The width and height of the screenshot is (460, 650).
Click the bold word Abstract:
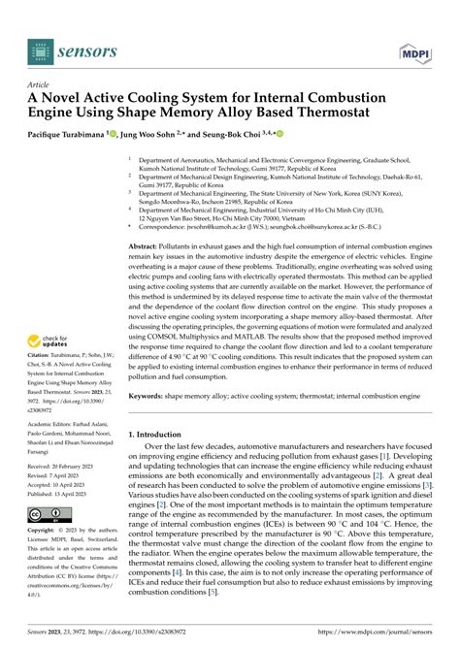pos(149,248)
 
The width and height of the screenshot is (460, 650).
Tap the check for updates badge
pos(52,341)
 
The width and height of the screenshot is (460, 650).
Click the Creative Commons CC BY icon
pos(50,513)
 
